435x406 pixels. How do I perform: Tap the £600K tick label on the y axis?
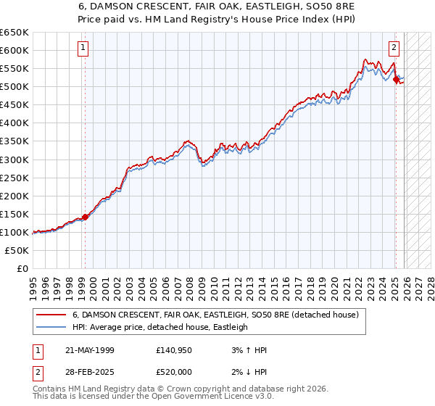click(14, 50)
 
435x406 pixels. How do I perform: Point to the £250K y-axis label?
click(14, 178)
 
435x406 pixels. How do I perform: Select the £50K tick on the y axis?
click(17, 250)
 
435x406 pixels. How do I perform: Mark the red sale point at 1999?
click(85, 217)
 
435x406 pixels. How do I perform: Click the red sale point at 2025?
click(396, 79)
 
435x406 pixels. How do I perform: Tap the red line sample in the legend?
click(51, 315)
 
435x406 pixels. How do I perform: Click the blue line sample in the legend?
click(51, 327)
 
